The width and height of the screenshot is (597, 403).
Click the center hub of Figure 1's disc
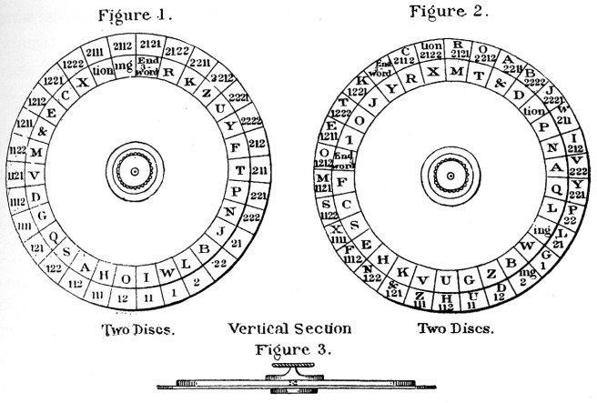(134, 169)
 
